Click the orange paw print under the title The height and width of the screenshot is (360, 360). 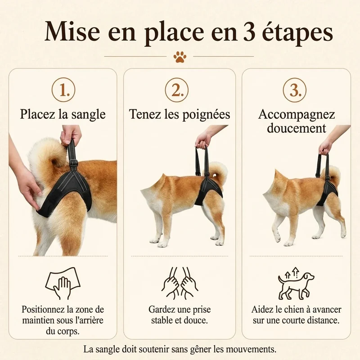(x=180, y=57)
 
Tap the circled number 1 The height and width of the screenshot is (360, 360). (x=63, y=90)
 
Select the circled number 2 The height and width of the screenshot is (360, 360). (x=177, y=90)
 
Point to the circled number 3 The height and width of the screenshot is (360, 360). (x=295, y=90)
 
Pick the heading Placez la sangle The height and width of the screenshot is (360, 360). (x=63, y=114)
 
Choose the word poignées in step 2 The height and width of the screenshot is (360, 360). (x=206, y=114)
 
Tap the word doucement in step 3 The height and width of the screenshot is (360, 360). (x=297, y=128)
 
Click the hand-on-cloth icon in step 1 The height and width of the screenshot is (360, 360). (x=63, y=283)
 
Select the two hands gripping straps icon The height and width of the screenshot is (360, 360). (x=180, y=283)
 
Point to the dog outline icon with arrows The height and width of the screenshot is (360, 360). (x=296, y=283)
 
